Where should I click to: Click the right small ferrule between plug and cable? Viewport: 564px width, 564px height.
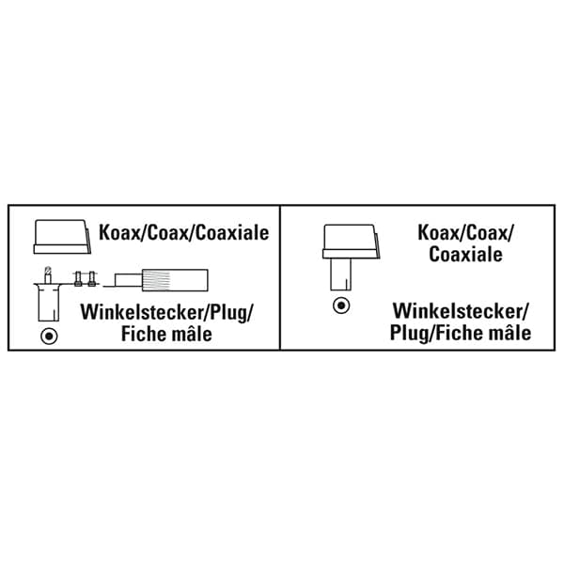coord(91,278)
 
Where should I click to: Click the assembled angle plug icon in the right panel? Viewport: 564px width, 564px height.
coord(342,256)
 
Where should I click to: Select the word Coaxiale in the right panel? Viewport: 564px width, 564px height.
coord(465,254)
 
